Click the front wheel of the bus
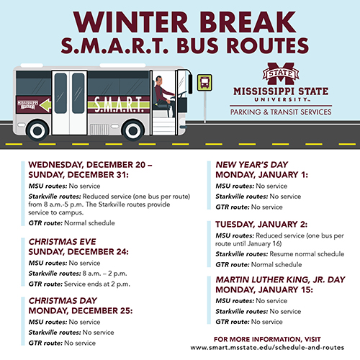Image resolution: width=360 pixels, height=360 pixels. [132, 130]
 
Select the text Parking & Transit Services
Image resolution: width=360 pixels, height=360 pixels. [281, 113]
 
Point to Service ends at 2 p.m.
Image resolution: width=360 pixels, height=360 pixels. [94, 284]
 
